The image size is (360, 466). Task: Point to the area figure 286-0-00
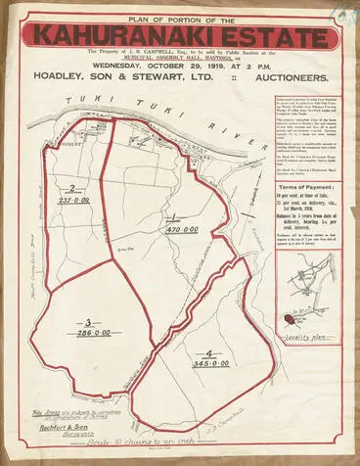(90, 335)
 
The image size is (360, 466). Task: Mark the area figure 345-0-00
(210, 364)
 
